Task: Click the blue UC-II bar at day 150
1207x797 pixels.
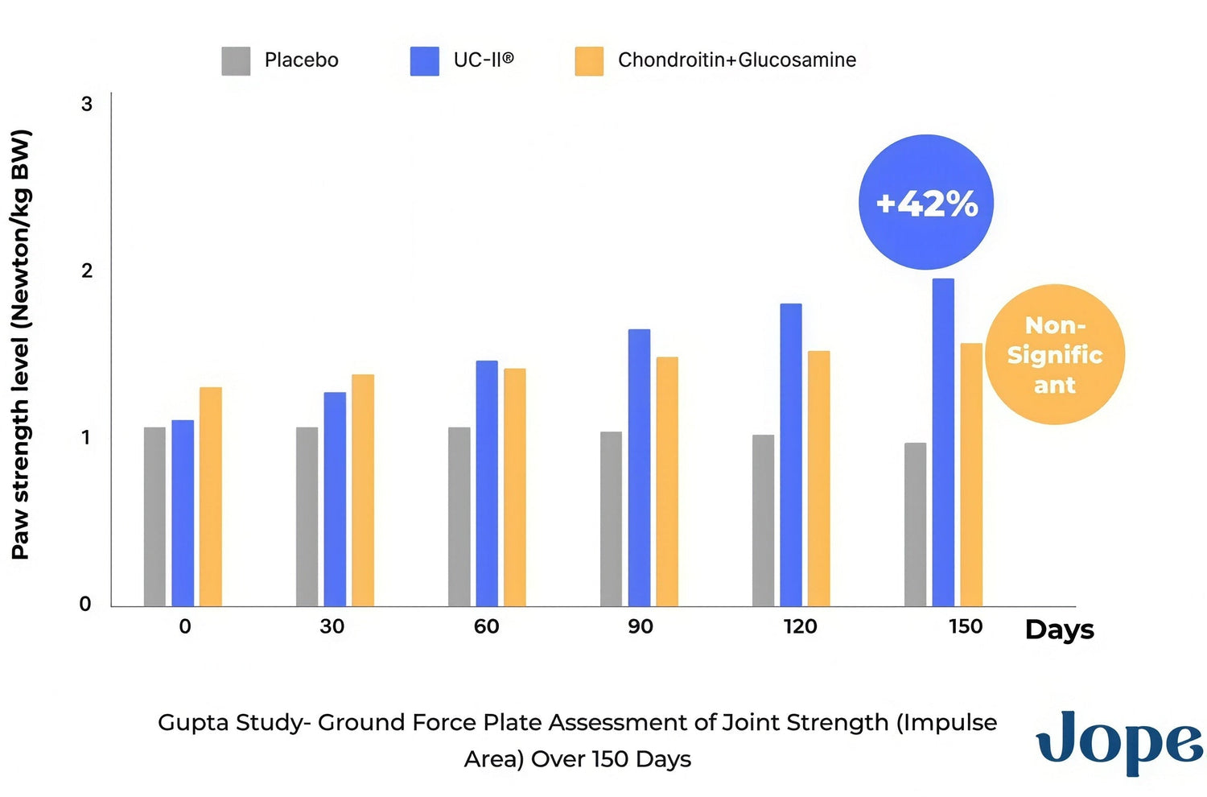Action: click(x=943, y=443)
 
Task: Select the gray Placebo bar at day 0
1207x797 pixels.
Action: click(x=154, y=517)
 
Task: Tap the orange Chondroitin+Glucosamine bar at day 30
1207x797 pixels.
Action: click(x=363, y=490)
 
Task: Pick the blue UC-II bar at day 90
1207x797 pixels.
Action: click(x=639, y=468)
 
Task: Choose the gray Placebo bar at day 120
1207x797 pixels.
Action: click(x=763, y=520)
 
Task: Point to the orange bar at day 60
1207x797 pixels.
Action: click(x=515, y=487)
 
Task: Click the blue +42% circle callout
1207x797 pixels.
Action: click(x=926, y=202)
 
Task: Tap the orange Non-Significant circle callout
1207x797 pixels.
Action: click(x=1054, y=354)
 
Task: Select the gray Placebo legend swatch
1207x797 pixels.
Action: click(x=236, y=61)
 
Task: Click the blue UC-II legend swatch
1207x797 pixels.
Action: click(x=424, y=61)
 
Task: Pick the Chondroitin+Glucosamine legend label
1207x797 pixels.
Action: click(x=736, y=60)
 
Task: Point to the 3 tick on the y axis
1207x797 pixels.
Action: click(x=87, y=105)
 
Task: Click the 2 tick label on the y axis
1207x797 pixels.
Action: click(x=87, y=271)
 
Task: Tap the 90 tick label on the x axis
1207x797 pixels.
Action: click(x=641, y=626)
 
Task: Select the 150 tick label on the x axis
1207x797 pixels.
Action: click(x=965, y=626)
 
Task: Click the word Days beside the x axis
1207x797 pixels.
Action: click(x=1059, y=630)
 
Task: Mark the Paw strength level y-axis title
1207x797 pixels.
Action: click(x=21, y=345)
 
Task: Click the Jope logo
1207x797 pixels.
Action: click(x=1119, y=741)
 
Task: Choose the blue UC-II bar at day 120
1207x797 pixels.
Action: click(x=791, y=455)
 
